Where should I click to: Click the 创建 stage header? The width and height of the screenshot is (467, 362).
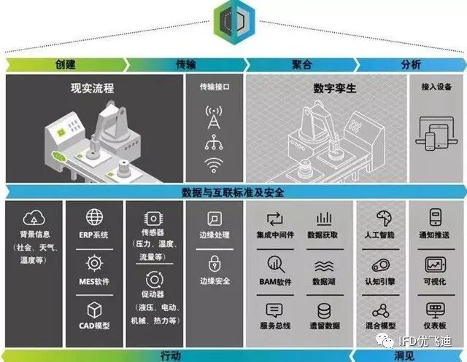[x=65, y=64]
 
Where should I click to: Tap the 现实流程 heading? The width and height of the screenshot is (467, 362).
[x=97, y=89]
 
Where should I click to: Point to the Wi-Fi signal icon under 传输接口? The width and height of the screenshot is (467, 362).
[x=214, y=164]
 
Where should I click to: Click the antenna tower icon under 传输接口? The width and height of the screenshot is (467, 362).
[x=214, y=117]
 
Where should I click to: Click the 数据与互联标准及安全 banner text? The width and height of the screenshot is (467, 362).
[x=233, y=193]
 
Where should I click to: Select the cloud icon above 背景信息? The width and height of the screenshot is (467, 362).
[x=35, y=217]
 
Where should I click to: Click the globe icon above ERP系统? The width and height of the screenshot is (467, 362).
[x=94, y=217]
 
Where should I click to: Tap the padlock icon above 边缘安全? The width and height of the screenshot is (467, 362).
[x=215, y=263]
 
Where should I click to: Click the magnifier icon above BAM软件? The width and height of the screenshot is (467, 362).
[x=274, y=264]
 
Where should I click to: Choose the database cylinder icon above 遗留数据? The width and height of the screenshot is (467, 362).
[x=323, y=309]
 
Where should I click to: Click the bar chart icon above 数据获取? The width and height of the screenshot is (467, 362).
[x=323, y=218]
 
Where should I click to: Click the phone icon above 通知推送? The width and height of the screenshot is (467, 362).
[x=436, y=217]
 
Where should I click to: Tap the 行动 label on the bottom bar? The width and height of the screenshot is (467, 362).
[x=170, y=356]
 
